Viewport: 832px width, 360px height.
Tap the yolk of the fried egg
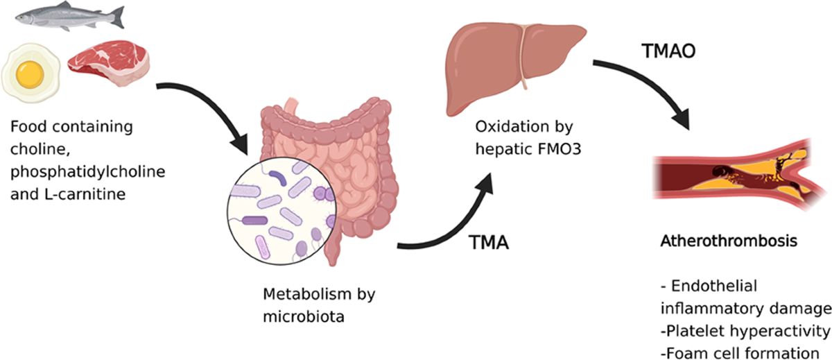(x=30, y=74)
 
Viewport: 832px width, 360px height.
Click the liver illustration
(x=516, y=67)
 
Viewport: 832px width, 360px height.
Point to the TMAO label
(x=668, y=51)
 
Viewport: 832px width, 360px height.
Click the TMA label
(x=488, y=243)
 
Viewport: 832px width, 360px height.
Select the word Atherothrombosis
(x=729, y=241)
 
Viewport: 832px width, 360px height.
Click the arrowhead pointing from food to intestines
(x=238, y=144)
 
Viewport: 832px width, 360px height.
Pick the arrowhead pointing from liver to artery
(x=680, y=119)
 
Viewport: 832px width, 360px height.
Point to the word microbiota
(x=304, y=317)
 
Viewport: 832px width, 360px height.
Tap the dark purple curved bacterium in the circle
(x=278, y=178)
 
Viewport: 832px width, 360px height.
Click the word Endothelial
(x=714, y=286)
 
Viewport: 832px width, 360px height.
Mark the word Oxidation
(x=508, y=127)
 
